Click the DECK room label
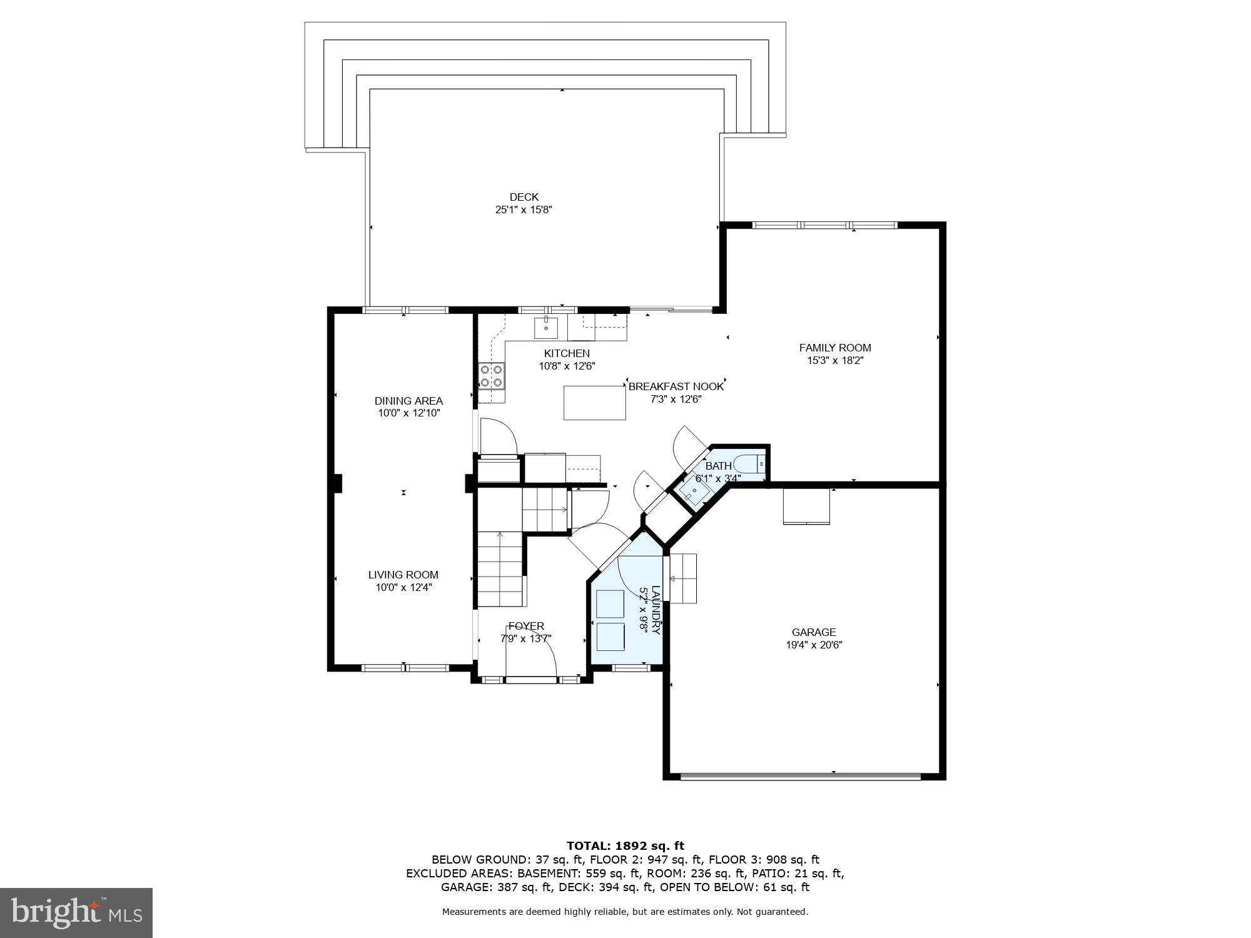point(524,197)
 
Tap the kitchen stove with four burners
point(491,376)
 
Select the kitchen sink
point(545,327)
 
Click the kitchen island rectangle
point(594,403)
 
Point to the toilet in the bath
point(748,465)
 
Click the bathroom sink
point(694,492)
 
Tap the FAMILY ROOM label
point(834,348)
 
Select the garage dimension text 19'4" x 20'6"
point(814,645)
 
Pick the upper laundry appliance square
point(610,603)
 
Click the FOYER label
point(526,626)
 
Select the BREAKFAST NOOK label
point(676,386)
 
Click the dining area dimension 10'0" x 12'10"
point(409,413)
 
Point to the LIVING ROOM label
point(403,575)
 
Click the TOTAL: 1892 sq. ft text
point(625,846)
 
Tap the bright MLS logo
point(76,914)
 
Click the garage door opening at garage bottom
point(801,777)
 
